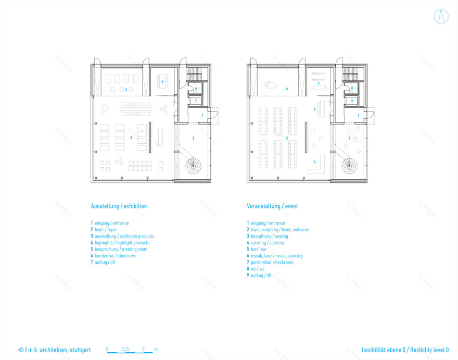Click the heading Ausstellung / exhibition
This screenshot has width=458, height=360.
pos(119,206)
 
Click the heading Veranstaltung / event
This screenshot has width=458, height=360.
pos(272,206)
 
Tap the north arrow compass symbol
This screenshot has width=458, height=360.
pos(441,17)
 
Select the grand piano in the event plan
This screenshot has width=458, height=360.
pos(271,84)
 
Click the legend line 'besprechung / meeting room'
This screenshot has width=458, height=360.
pos(121,250)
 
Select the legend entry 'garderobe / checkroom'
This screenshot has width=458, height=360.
pos(270,263)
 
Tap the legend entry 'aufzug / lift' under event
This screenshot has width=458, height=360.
pos(259,276)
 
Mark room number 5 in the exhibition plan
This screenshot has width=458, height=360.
pos(162,82)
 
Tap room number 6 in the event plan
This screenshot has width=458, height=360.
pos(287,89)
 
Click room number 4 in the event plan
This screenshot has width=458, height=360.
pos(314,162)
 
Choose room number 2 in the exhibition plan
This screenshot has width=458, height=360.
pos(194,138)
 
